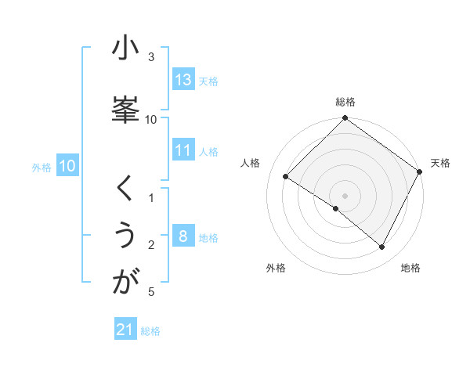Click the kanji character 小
(125, 49)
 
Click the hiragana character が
(125, 282)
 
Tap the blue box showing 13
(183, 80)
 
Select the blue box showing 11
(183, 150)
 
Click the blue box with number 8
(183, 236)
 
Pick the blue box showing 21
(125, 330)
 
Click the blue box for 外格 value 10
(67, 166)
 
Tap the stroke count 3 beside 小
(151, 57)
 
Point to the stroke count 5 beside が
(151, 292)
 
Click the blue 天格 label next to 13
(208, 81)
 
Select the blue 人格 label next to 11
(208, 151)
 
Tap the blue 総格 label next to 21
(150, 330)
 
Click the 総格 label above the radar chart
(345, 102)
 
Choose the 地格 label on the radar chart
(410, 268)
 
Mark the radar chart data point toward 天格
(419, 171)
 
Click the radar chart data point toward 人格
(286, 177)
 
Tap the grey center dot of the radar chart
(345, 196)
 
